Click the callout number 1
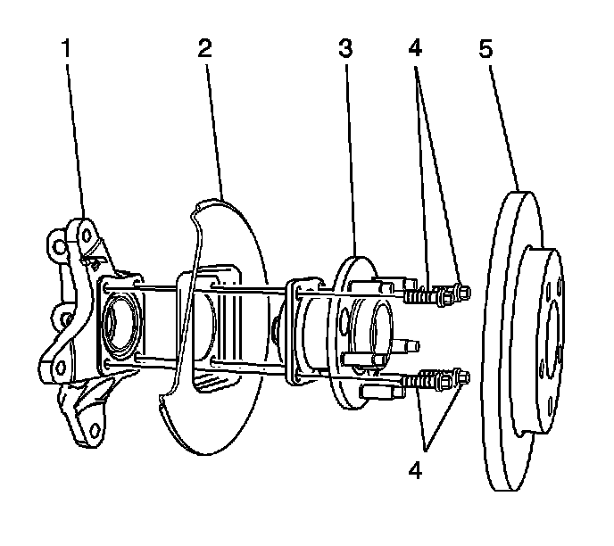65,50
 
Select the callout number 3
345,50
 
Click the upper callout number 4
415,50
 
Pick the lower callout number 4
416,470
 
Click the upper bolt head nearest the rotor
462,292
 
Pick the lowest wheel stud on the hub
371,392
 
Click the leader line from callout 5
502,125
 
